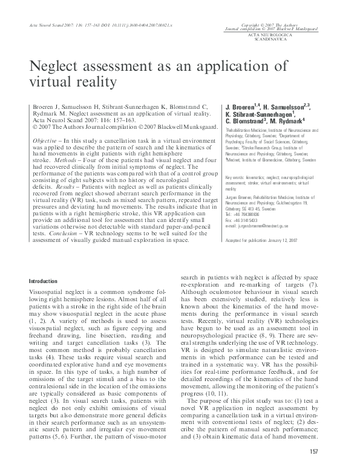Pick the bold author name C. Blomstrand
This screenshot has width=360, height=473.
(245, 120)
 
